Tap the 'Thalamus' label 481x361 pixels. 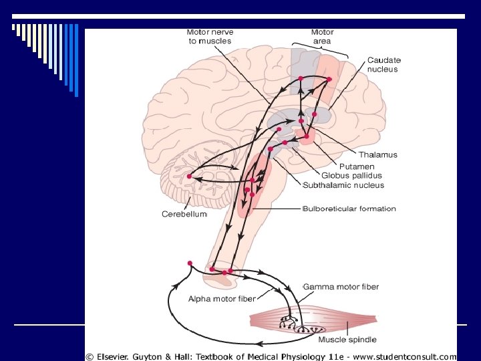pos(377,154)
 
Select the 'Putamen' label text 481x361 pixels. pos(357,166)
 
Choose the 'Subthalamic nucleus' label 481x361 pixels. pos(343,185)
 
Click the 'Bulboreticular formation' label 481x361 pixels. pos(349,209)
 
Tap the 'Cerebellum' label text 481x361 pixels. pos(184,214)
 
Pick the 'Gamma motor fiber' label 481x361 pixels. pos(341,287)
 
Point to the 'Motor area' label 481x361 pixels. pos(322,36)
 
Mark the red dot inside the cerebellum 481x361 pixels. pos(190,176)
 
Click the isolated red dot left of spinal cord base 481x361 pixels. pos(190,263)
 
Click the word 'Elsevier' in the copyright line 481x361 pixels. pos(121,356)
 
